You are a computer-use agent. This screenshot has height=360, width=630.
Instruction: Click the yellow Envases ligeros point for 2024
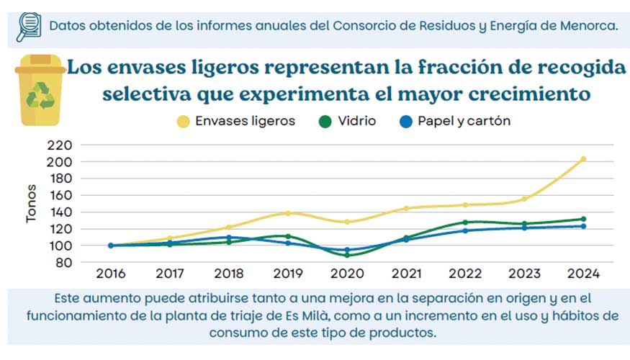[583, 159]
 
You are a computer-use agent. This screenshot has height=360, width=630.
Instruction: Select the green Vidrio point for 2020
[347, 255]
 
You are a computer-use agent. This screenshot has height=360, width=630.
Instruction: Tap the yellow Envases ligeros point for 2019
[288, 213]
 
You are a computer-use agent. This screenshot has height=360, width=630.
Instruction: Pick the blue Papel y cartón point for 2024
[583, 226]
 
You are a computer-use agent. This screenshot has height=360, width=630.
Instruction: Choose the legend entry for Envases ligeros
[237, 121]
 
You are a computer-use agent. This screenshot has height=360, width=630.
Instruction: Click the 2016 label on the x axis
[111, 274]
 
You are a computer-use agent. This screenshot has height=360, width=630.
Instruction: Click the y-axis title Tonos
[32, 204]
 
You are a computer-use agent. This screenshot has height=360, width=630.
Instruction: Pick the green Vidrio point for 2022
[465, 222]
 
